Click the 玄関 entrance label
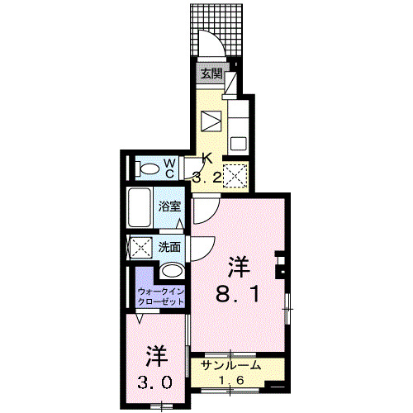coord(211,74)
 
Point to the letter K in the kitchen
coord(208,159)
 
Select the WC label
coord(168,168)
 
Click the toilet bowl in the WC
coord(149,169)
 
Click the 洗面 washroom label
coord(170,246)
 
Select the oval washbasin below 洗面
coord(172,270)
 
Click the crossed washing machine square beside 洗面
coord(140,247)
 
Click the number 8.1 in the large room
coord(240,293)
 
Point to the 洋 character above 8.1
coord(240,266)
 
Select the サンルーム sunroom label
coord(231,365)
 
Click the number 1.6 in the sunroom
coord(230,380)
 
